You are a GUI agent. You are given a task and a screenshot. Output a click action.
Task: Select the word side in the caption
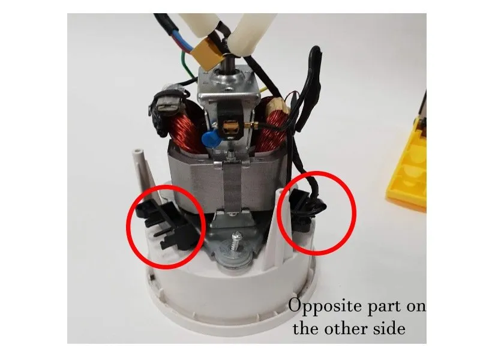[389, 329]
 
